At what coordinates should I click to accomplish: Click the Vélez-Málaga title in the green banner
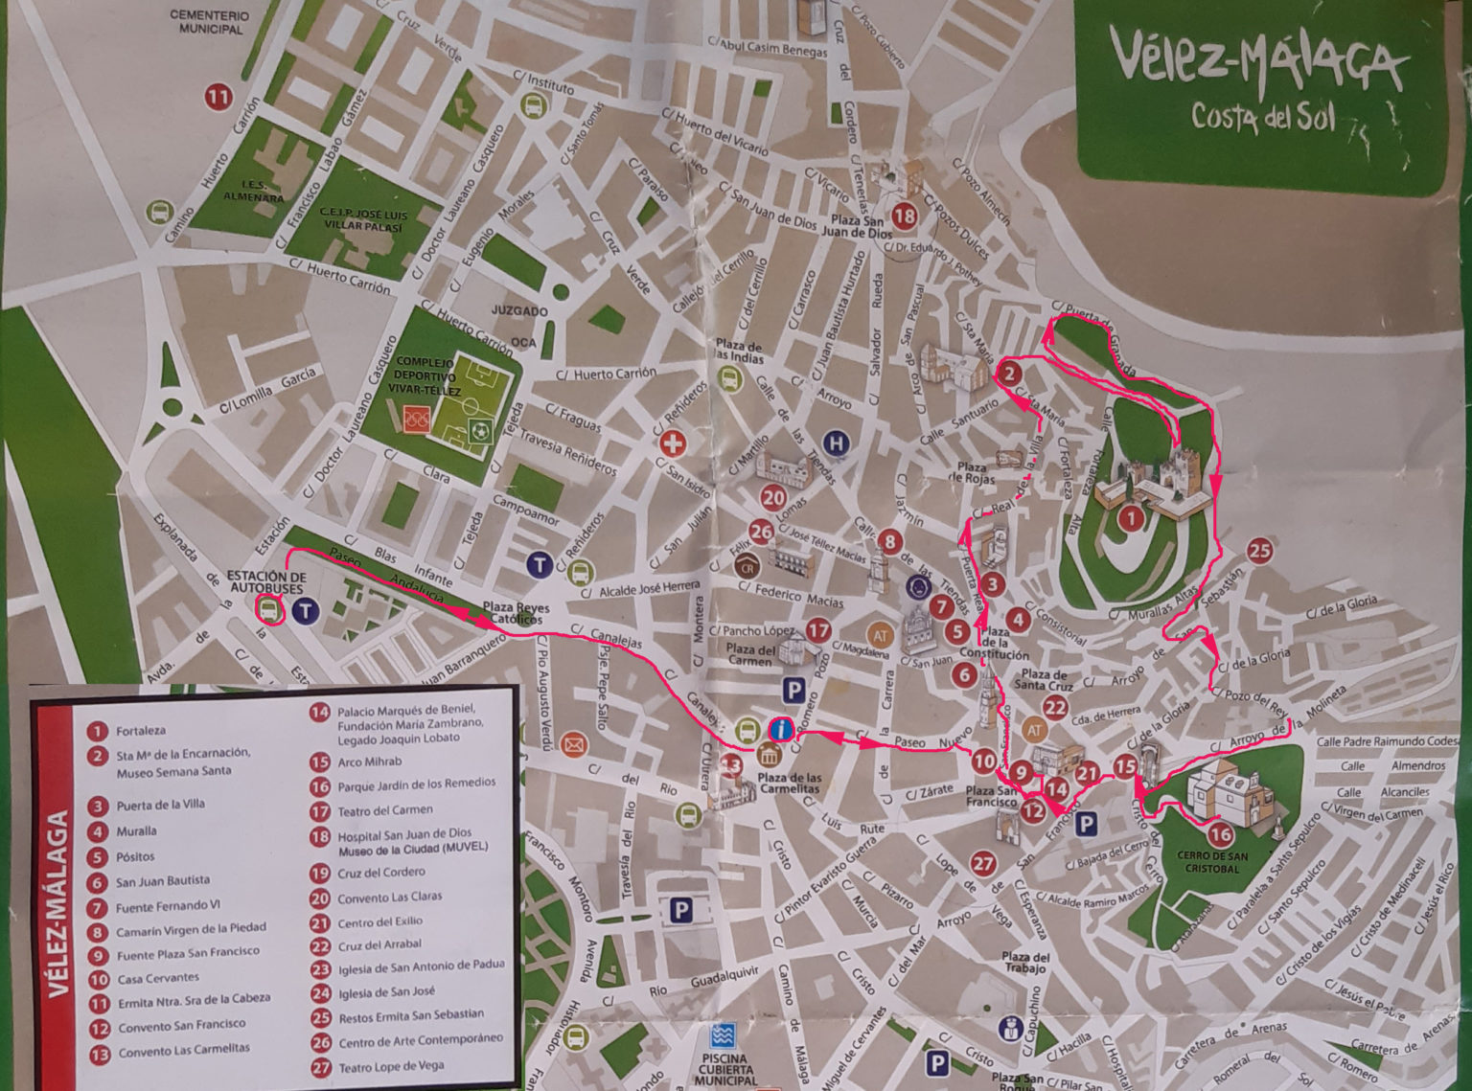[1257, 61]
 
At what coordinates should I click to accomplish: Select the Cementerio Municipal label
[210, 22]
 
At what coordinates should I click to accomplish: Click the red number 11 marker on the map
[218, 97]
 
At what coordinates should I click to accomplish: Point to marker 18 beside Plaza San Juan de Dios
[904, 216]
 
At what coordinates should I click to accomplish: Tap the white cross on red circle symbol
[674, 443]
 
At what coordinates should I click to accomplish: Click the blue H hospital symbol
[838, 443]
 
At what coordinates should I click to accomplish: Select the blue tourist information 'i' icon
[782, 730]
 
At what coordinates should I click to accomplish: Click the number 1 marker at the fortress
[1131, 519]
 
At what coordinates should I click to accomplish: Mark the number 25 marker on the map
[1259, 550]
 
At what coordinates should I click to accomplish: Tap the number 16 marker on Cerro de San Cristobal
[1220, 835]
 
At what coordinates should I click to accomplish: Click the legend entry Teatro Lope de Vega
[390, 1066]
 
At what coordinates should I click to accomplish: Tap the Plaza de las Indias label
[739, 351]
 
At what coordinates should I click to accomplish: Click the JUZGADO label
[519, 311]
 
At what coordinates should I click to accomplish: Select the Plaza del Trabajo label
[1025, 963]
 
